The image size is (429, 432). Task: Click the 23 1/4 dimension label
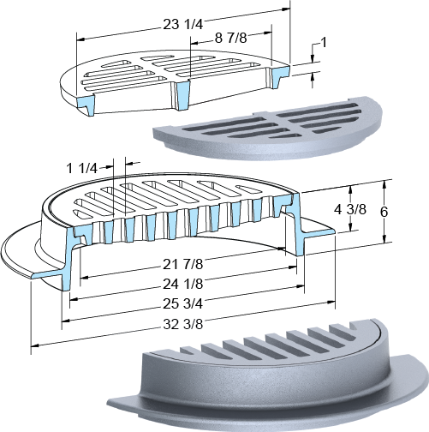182,25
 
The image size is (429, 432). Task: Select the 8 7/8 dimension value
230,38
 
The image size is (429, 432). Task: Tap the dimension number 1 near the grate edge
324,43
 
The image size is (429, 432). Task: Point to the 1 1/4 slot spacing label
82,168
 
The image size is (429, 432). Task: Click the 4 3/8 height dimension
350,210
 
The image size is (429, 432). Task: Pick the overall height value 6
384,212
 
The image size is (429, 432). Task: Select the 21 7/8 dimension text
182,264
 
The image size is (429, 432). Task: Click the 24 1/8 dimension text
182,284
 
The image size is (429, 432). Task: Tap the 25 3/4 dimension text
182,303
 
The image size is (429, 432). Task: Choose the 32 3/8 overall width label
182,324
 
